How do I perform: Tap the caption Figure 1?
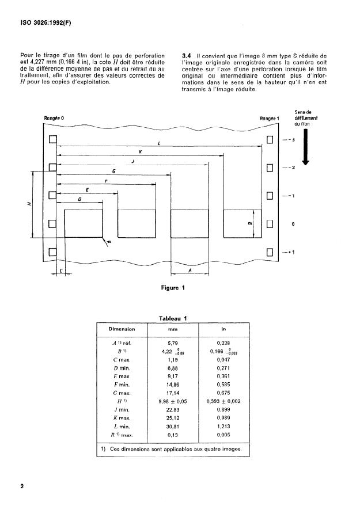[x=173, y=288]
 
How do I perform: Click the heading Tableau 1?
[x=173, y=318]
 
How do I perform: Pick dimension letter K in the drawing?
[x=141, y=151]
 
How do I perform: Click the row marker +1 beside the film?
[x=291, y=252]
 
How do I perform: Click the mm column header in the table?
[x=173, y=329]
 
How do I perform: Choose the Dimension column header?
[x=122, y=329]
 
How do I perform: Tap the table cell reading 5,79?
[x=173, y=343]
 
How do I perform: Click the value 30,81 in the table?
[x=173, y=427]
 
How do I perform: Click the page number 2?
[x=22, y=486]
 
